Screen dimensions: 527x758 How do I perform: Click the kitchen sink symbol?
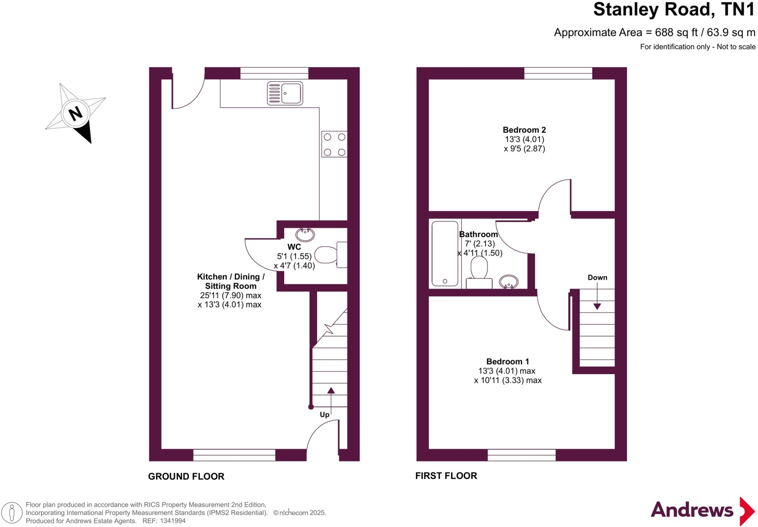[x=285, y=93]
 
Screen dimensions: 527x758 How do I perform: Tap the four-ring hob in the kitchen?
[x=334, y=144]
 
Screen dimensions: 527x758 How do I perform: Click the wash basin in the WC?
[x=305, y=234]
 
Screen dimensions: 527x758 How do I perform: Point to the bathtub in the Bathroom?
[x=445, y=254]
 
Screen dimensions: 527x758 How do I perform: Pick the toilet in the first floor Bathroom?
[x=479, y=273]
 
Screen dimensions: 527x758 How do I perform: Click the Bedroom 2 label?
[x=524, y=130]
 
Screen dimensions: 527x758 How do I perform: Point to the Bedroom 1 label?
[x=507, y=362]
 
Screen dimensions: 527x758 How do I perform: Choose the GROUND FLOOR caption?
[x=186, y=476]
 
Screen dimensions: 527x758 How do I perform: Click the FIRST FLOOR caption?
[x=446, y=476]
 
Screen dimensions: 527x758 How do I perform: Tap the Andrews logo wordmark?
[x=692, y=510]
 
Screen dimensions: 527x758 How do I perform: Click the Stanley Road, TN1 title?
[x=674, y=10]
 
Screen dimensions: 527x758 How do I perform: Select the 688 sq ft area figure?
[x=676, y=33]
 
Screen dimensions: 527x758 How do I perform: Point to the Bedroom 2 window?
[x=558, y=73]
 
